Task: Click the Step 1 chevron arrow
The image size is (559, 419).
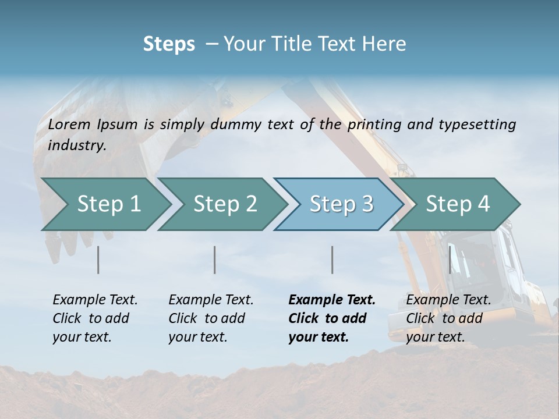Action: [x=108, y=204]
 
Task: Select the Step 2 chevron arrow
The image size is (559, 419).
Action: [x=224, y=204]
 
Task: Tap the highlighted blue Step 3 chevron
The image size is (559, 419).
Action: [x=341, y=204]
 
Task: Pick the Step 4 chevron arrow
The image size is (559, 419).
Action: [x=457, y=204]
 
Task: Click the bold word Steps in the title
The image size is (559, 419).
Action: [x=169, y=44]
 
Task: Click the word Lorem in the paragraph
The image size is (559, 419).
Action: [x=69, y=124]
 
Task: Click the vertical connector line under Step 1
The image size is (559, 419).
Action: [x=98, y=260]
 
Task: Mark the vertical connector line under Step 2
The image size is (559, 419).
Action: [x=215, y=260]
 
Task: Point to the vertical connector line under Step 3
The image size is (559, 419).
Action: [x=332, y=260]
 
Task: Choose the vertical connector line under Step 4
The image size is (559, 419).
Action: [x=450, y=260]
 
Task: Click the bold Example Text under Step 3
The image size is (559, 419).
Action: [x=331, y=318]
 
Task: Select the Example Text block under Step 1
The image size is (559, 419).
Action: [x=95, y=318]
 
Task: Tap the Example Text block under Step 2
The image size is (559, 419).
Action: [x=211, y=318]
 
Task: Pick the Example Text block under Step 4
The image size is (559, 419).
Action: [x=448, y=318]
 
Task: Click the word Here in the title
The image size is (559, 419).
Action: [x=386, y=44]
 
